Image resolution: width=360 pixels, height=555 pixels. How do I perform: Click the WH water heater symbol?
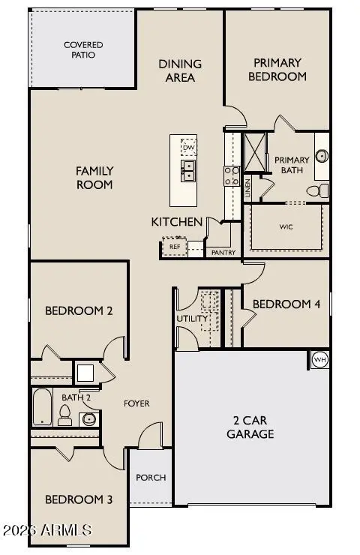coord(319,360)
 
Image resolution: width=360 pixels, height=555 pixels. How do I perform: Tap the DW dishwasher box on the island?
coord(189,147)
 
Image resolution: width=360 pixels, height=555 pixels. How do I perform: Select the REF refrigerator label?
coord(175,247)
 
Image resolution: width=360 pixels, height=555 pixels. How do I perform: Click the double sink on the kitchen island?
coord(188,170)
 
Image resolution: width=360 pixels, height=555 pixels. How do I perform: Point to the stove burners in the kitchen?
coord(232,176)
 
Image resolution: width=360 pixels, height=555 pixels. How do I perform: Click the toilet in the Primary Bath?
coord(317,190)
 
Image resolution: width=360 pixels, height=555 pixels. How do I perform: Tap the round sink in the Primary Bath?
coord(322,156)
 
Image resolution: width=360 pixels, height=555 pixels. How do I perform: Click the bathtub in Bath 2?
coord(43,407)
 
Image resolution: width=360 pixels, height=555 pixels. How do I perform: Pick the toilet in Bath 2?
coord(64,415)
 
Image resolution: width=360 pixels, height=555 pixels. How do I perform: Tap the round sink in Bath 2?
coord(88,419)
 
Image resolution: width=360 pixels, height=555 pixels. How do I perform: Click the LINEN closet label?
coord(247,188)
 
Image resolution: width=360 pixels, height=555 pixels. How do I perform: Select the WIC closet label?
coord(286,226)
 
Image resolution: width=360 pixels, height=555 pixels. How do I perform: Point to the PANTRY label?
coord(223,252)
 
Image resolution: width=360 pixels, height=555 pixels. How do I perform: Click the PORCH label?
coord(151,478)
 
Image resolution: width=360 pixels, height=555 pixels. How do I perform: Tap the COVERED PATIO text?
coord(83,50)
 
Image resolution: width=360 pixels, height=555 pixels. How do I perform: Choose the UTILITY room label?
coord(192,319)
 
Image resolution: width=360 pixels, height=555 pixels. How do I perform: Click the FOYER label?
coord(136,403)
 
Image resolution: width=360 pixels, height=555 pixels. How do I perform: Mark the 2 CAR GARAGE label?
coord(250,427)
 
